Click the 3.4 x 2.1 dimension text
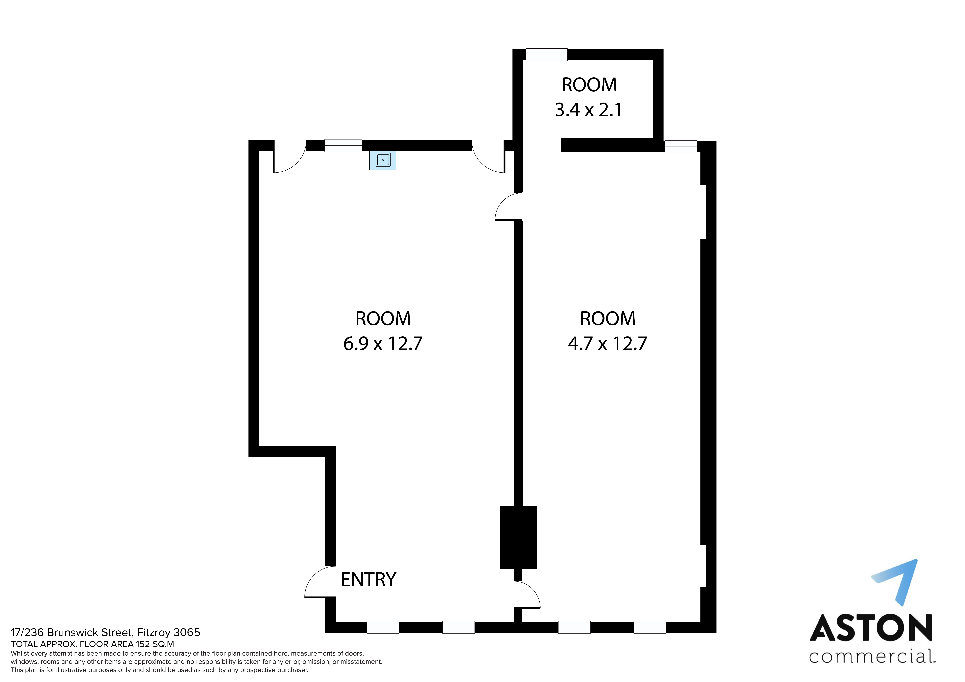[588, 110]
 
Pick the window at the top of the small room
[546, 55]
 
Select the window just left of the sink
[343, 145]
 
